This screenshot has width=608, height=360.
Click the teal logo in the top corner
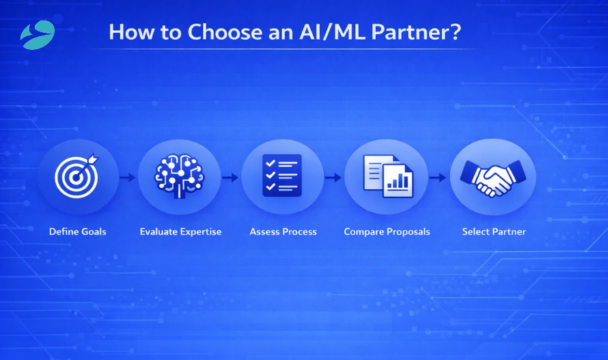(37, 34)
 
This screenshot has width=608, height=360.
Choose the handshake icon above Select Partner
(493, 177)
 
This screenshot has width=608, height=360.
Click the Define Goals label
(78, 232)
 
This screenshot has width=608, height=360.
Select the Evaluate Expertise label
(180, 232)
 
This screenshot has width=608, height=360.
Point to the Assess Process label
(283, 232)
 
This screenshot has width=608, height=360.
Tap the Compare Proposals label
(387, 232)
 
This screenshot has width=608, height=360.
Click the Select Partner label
(494, 232)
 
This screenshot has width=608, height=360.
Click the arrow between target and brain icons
(128, 178)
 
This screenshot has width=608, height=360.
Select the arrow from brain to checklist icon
(230, 178)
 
